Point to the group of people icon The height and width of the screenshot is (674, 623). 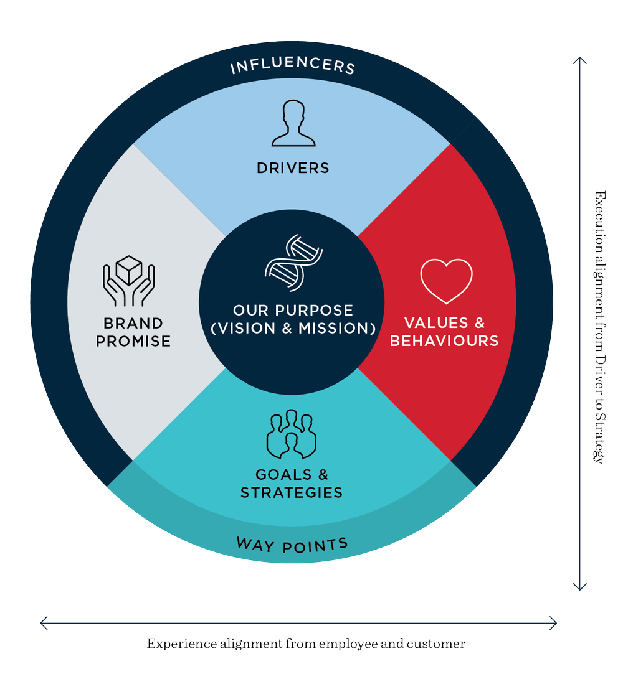coord(292,433)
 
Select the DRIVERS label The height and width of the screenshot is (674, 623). coord(293,167)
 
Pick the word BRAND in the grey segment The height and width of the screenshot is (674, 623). coord(133,323)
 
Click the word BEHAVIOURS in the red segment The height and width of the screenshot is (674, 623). coord(444,341)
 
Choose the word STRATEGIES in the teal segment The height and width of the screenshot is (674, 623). coord(292,492)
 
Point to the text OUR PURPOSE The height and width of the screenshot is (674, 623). coord(293,310)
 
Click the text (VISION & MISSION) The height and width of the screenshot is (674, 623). coord(293,328)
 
